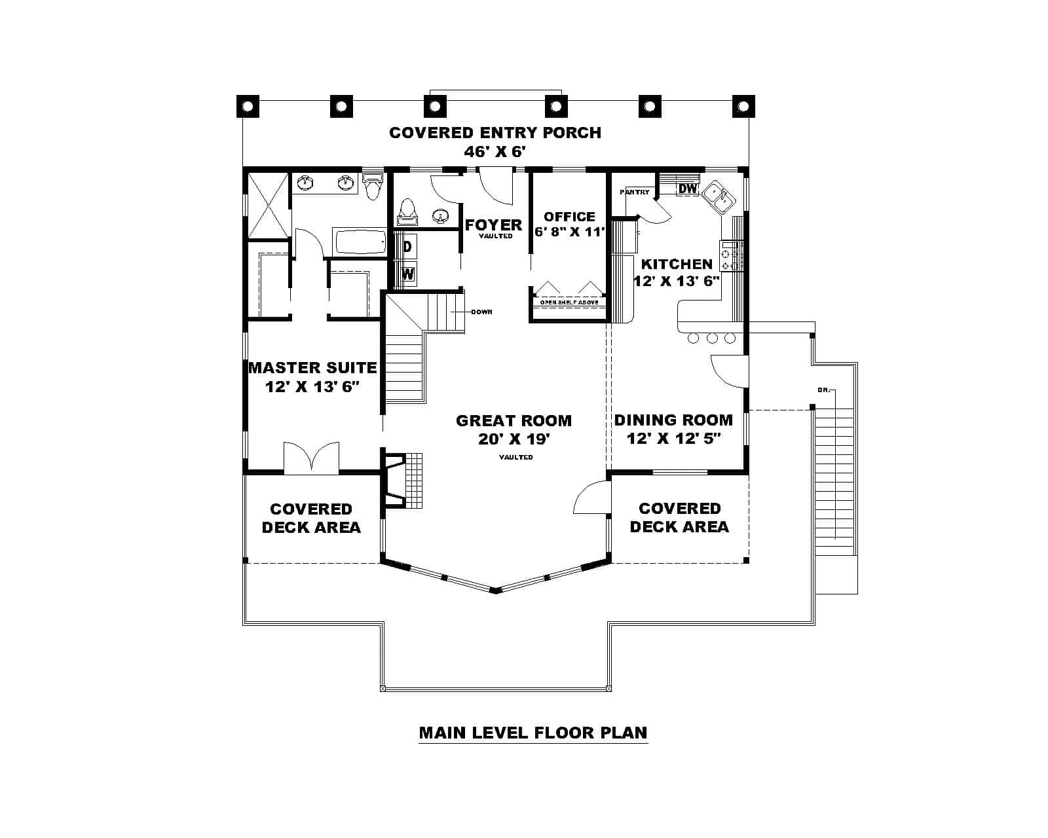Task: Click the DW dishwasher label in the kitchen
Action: pos(688,189)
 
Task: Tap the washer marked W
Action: pos(407,274)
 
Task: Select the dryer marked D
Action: pos(407,247)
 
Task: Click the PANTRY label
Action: pos(635,192)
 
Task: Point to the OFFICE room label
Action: pos(569,217)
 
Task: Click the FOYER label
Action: pos(493,225)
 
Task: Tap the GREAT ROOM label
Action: pos(514,421)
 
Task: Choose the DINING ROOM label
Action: pos(673,420)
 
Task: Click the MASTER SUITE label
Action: pos(312,368)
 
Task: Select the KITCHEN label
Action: pos(677,264)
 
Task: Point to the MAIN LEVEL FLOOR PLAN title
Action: pos(533,733)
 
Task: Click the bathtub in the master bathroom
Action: pos(360,242)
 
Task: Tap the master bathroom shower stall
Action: pos(267,205)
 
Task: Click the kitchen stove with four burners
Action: pos(731,256)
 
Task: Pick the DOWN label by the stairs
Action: pos(481,312)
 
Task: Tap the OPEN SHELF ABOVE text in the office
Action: pos(569,302)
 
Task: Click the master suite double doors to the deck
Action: pos(312,458)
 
